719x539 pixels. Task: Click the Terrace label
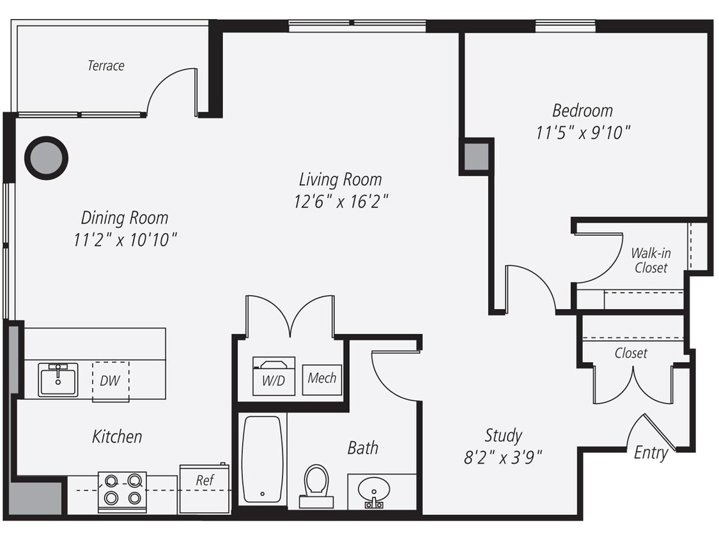click(x=106, y=65)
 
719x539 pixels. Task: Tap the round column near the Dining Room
click(x=46, y=158)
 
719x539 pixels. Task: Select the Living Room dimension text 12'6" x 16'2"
click(x=341, y=202)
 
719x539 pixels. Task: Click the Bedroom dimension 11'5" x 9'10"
click(x=583, y=133)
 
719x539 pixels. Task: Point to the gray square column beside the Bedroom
click(x=476, y=156)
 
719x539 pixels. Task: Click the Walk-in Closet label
click(x=651, y=261)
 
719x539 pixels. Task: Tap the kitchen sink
click(x=58, y=379)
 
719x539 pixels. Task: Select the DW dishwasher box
click(x=110, y=381)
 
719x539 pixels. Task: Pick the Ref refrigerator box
click(x=205, y=488)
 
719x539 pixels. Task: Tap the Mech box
click(x=322, y=379)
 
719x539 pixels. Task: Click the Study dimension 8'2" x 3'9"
click(x=503, y=457)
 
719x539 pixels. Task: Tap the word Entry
click(x=651, y=453)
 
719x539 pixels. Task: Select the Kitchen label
click(x=117, y=437)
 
